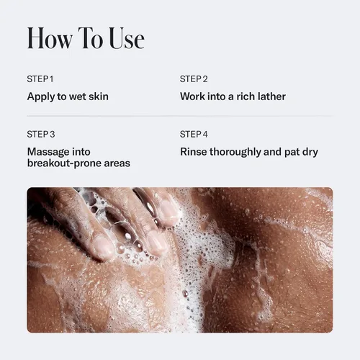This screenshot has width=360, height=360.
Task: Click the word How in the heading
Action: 50,38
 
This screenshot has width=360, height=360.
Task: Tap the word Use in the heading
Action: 127,38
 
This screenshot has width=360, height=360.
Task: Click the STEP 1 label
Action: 40,79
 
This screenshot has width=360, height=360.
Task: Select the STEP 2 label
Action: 194,79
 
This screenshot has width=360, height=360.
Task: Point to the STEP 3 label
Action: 41,134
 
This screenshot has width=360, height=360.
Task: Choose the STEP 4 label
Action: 194,134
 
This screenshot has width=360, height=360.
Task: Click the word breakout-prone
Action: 64,163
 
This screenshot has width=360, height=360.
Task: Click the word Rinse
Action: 194,152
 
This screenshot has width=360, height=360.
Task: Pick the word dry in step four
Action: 310,152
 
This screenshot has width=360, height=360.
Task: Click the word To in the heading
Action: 91,38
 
